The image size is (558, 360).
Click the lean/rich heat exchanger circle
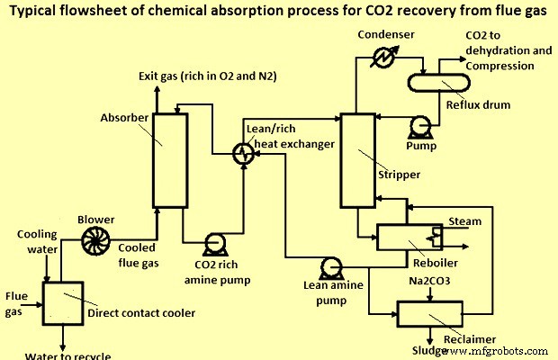pos(242,154)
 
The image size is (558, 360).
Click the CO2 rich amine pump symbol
pos(215,243)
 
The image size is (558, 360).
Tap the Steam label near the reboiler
pos(464,220)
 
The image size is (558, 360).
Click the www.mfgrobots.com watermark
pos(502,349)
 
